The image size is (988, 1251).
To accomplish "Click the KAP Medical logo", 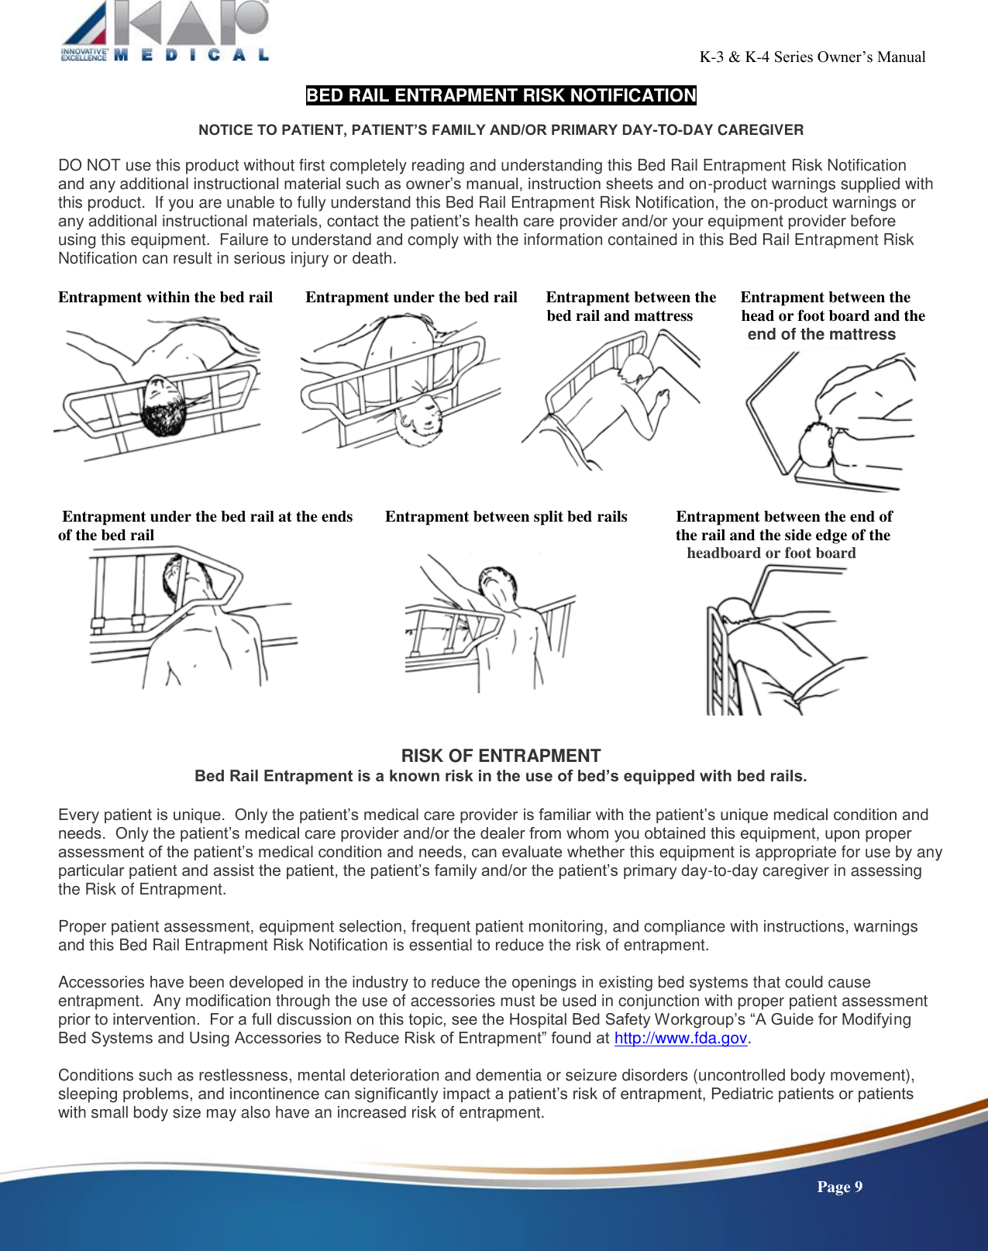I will (165, 31).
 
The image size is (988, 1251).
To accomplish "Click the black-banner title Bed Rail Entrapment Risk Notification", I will (501, 95).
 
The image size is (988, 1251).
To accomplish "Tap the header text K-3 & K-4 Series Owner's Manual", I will (812, 57).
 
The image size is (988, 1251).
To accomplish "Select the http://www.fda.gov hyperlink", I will (680, 1039).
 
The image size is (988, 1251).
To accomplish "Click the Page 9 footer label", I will (839, 1187).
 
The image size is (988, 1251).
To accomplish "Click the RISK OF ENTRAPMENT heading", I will (501, 756).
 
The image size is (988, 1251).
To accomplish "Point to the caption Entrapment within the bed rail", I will (165, 298).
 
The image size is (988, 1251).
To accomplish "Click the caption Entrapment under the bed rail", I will (411, 298).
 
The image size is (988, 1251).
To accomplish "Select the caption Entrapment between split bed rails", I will (506, 517).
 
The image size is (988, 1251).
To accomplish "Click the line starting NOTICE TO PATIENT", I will (501, 130).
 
